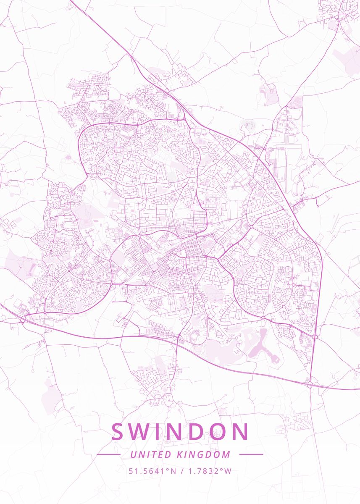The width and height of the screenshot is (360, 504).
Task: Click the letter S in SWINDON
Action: tap(119, 432)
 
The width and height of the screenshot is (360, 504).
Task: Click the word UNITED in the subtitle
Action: tap(151, 454)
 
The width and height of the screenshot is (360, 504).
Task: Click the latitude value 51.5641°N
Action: tap(152, 471)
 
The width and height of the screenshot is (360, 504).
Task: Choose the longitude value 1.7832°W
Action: tap(209, 471)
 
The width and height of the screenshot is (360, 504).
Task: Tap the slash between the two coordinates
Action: tap(181, 471)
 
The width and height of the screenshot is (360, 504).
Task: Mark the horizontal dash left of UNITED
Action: tap(108, 454)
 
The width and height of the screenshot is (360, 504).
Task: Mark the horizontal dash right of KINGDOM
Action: tap(251, 454)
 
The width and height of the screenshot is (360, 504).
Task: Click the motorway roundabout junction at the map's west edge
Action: tap(23, 319)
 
